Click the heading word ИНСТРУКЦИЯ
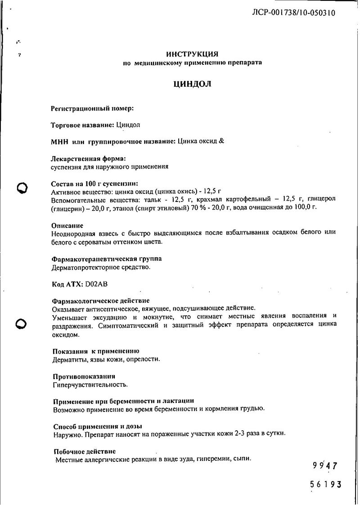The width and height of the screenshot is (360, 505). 192,54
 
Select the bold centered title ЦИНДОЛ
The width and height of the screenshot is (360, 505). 192,84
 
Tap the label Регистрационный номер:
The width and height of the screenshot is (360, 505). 93,108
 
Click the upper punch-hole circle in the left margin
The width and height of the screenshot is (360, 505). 22,188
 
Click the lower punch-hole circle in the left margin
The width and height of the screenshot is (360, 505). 22,323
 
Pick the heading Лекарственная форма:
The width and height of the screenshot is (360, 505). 89,158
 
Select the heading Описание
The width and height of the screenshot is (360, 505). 67,225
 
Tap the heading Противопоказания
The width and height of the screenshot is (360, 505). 84,376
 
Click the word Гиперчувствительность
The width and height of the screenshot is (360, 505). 90,384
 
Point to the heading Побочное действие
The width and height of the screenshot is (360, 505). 84,451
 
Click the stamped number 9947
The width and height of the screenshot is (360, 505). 324,466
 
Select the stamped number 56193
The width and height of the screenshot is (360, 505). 326,485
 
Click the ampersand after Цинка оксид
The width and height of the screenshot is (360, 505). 221,141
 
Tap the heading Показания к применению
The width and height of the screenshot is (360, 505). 96,351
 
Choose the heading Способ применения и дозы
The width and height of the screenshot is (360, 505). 98,426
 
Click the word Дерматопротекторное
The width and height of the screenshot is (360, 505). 85,268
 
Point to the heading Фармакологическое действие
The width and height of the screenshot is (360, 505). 101,300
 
